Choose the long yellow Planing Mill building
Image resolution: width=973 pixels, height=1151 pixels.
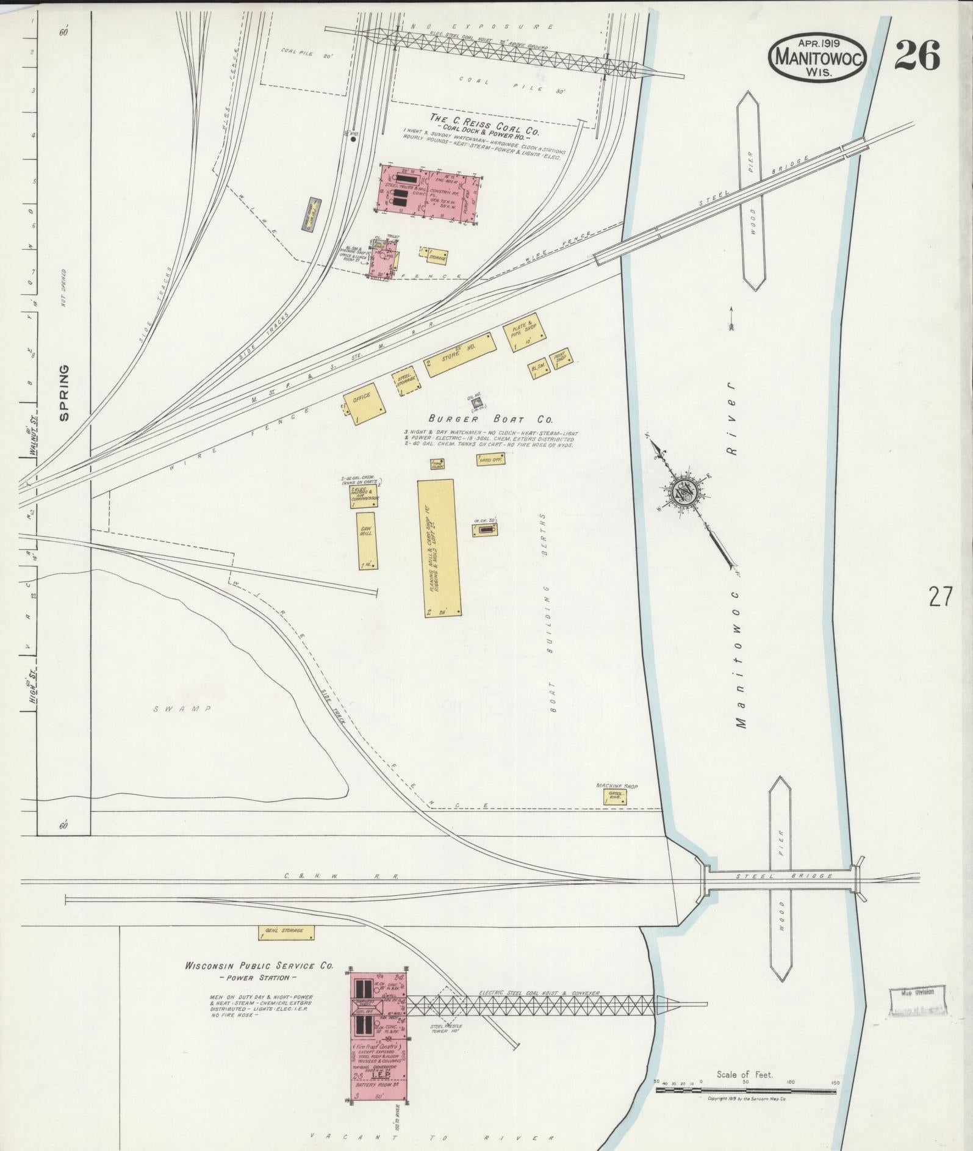tap(439, 548)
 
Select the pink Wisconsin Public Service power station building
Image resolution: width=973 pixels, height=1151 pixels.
tap(379, 1031)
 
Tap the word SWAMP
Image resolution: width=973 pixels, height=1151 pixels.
tap(182, 709)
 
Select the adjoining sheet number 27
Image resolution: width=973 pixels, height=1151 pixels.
tap(940, 596)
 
